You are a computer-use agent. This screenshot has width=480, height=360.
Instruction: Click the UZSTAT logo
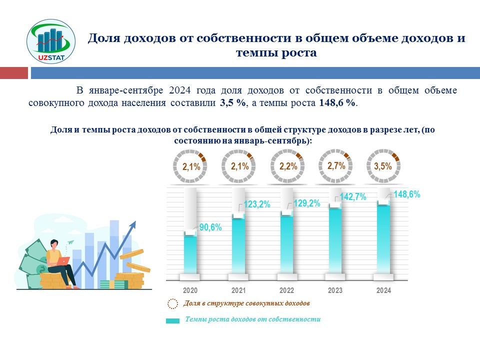[x=51, y=41]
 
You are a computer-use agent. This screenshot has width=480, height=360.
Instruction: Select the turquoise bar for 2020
[x=190, y=254]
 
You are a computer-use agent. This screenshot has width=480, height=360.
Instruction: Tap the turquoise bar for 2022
[x=286, y=243]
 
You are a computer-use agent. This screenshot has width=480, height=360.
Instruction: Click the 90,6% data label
[x=210, y=227]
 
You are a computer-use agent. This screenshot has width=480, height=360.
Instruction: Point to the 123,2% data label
[x=257, y=204]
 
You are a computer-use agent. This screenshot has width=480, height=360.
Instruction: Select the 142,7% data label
[x=353, y=196]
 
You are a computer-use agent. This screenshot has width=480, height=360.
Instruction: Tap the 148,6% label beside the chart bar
[x=407, y=194]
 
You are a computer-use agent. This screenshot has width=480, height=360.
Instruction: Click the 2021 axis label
[x=238, y=290]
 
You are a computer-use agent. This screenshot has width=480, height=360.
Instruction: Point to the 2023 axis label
[x=335, y=290]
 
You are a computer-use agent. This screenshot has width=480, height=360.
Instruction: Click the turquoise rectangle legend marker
[x=172, y=321]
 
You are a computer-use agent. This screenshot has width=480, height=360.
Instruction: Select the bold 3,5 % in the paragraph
[x=232, y=102]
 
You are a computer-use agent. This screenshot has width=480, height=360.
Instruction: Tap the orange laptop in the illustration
[x=63, y=261]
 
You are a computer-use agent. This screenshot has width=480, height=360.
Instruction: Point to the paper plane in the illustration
[x=70, y=242]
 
